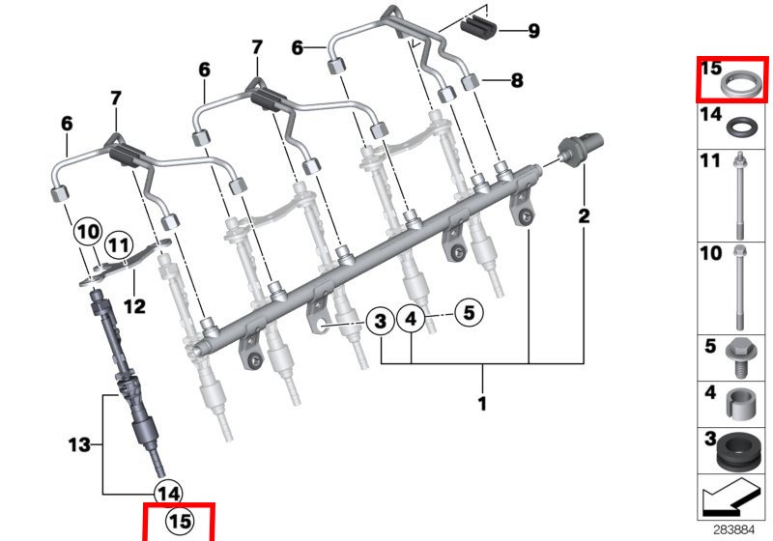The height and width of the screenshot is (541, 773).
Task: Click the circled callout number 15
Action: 180,522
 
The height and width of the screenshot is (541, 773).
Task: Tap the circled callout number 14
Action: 168,494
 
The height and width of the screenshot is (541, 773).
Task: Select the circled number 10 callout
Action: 88,232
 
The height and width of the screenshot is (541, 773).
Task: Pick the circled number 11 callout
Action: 119,244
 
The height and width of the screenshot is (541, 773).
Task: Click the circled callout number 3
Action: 380,322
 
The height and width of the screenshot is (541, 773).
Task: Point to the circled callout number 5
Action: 469,312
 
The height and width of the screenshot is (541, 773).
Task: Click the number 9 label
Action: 534,31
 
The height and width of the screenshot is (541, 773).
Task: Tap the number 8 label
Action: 517,80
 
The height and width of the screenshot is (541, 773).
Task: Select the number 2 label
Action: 584,215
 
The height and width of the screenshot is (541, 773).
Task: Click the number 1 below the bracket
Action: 482,404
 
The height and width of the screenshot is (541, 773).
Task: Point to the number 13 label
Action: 79,445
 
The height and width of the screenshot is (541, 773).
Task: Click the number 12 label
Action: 134,306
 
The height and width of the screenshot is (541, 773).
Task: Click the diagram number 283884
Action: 734,529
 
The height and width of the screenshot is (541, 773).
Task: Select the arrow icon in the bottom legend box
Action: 730,498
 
